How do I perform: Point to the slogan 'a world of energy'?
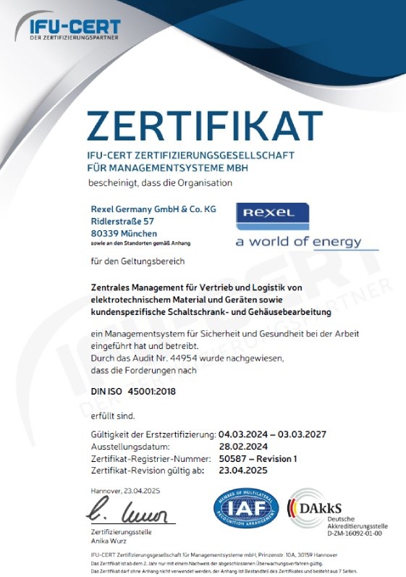click(307, 242)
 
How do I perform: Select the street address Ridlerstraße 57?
click(123, 220)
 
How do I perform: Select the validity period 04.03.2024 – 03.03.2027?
click(274, 434)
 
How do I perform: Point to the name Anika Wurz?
click(109, 539)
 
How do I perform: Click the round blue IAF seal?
click(245, 509)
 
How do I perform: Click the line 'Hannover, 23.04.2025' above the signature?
click(125, 491)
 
